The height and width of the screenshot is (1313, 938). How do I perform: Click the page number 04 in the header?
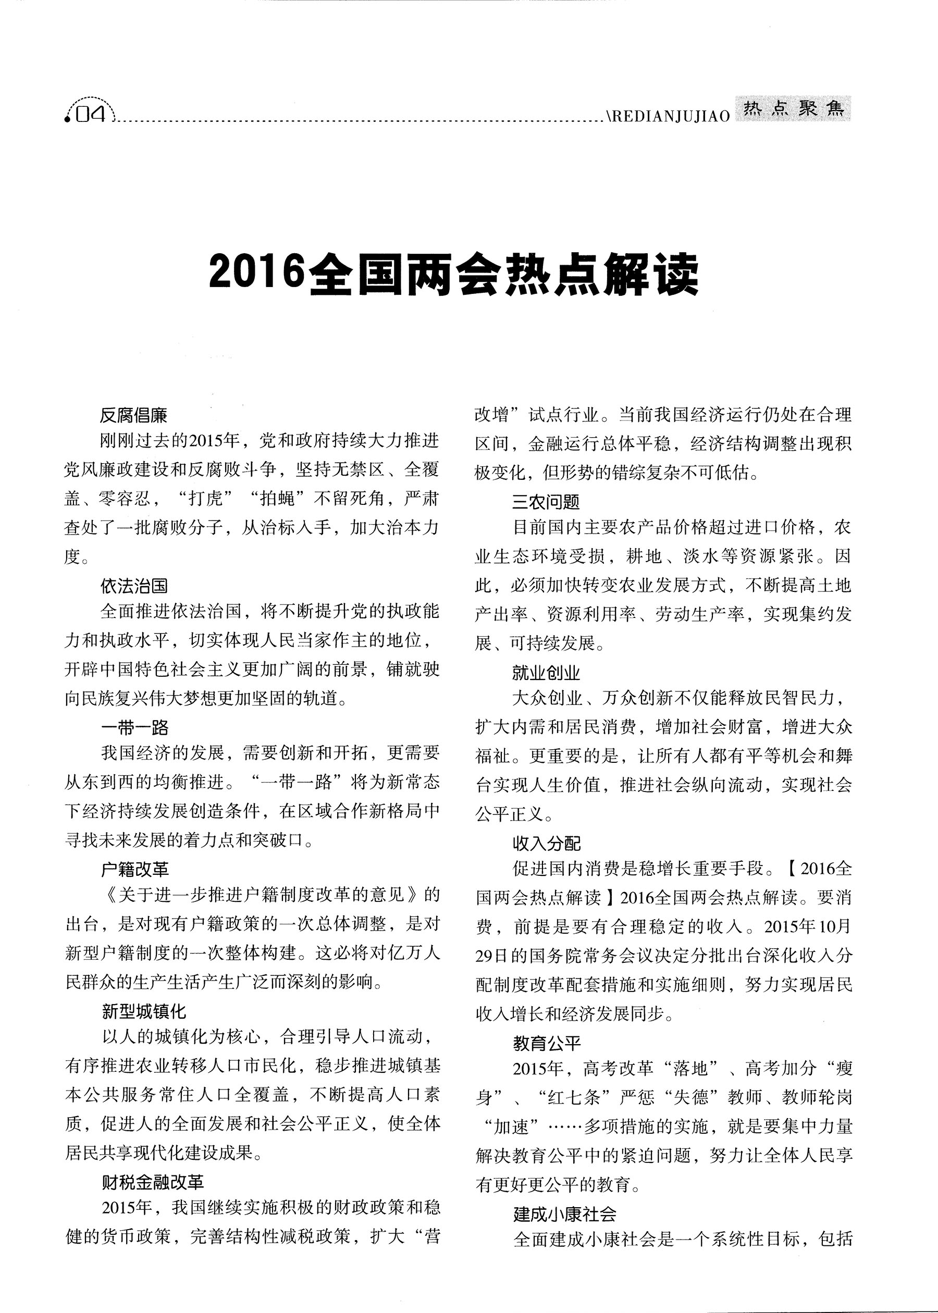click(91, 115)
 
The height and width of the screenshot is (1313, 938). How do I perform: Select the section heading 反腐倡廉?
click(133, 415)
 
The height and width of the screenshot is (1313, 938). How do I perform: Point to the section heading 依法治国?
click(134, 586)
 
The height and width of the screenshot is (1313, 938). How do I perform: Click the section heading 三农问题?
click(546, 502)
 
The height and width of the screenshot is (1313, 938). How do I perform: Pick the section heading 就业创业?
click(546, 673)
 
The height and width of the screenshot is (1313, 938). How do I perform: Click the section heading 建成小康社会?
click(565, 1213)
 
